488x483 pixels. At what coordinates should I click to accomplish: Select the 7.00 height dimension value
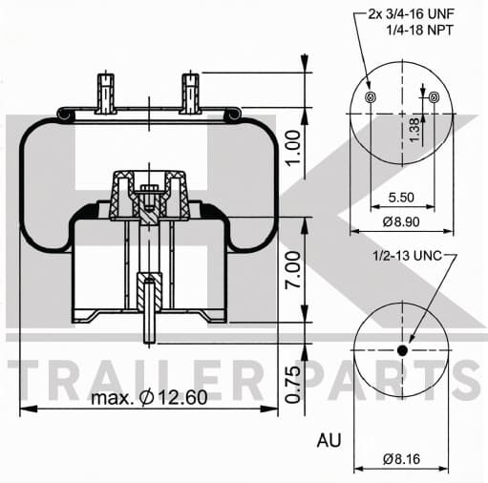coord(293,270)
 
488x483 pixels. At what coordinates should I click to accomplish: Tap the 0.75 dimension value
coord(293,385)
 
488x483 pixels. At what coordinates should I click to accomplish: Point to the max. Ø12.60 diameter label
coord(149,397)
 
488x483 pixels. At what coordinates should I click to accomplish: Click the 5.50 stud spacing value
coord(401,198)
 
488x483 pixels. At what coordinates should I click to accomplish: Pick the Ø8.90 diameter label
coord(401,221)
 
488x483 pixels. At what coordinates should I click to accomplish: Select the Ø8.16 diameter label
coord(401,459)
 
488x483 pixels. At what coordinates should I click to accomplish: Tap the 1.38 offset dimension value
coord(414,131)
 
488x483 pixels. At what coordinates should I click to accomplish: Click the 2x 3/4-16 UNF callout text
coord(411,14)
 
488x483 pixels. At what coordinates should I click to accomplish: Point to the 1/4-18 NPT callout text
coord(419,31)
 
